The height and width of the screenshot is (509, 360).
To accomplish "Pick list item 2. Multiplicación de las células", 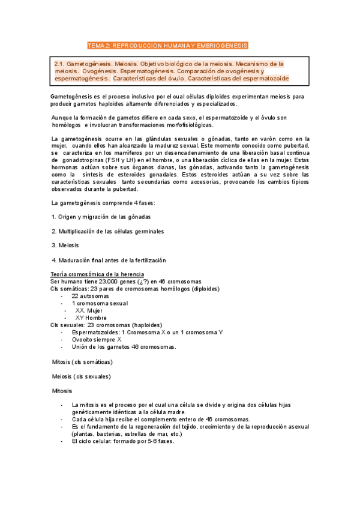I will (107, 231).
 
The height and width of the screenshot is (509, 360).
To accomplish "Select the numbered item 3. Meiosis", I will (65, 245).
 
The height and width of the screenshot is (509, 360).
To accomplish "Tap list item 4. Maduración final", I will (109, 260).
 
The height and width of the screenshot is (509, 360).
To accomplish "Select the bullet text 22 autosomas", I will (90, 296).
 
